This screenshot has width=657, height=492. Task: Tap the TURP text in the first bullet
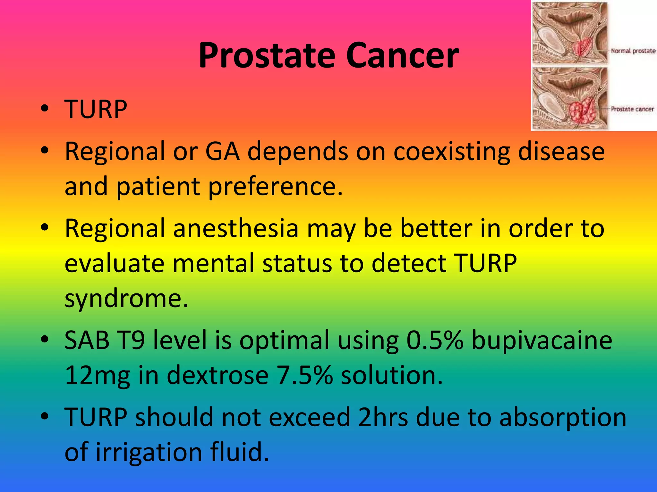click(x=96, y=110)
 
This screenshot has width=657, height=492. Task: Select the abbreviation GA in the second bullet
click(x=222, y=151)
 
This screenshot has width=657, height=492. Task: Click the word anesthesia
click(x=236, y=229)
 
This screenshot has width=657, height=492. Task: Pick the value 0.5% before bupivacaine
click(x=435, y=340)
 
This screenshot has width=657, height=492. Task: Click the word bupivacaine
click(x=542, y=340)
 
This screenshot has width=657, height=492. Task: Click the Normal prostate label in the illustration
click(x=633, y=51)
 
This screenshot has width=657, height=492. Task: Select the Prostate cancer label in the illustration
click(x=632, y=109)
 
